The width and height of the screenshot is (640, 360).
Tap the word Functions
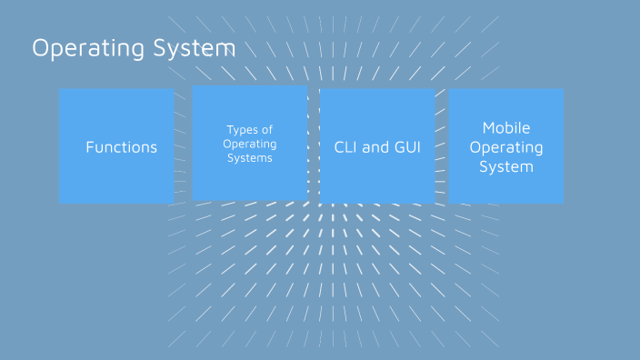click(122, 147)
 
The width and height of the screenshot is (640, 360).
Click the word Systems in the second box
click(250, 158)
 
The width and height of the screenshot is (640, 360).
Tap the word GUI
click(407, 146)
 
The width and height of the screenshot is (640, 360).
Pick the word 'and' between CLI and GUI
click(375, 146)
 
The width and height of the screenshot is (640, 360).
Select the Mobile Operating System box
click(506, 186)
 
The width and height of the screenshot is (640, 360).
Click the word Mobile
click(506, 128)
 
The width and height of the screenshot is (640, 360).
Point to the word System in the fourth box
click(506, 166)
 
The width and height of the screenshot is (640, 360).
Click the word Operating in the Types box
click(250, 144)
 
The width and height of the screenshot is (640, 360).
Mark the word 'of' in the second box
click(266, 130)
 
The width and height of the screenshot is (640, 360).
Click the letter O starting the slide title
click(41, 48)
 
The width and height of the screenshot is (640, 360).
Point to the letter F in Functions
click(90, 146)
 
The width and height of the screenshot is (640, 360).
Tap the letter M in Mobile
click(488, 128)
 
